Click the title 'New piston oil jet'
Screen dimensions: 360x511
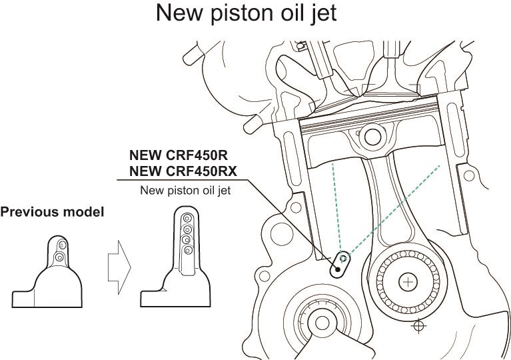255,14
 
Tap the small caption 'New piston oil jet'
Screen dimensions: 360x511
185,191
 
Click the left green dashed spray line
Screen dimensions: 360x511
336,207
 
